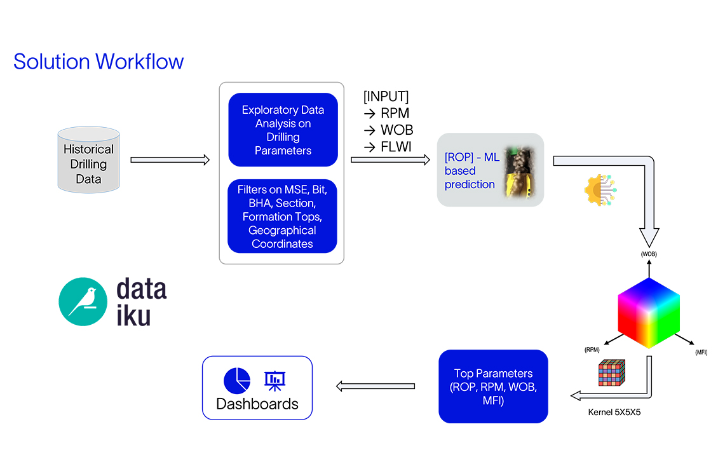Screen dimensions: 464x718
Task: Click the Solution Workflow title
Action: click(x=98, y=62)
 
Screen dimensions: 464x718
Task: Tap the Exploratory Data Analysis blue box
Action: click(x=283, y=130)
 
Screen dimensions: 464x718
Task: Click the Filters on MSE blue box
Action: click(x=283, y=216)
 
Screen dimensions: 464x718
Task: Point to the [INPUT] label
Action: click(x=386, y=97)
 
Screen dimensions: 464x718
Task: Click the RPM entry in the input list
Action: click(x=389, y=113)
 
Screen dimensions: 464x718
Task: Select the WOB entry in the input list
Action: click(x=389, y=130)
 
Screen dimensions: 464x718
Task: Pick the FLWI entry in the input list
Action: click(x=389, y=146)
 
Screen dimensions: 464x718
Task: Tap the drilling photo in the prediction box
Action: click(x=518, y=170)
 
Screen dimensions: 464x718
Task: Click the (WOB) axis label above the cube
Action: click(x=648, y=254)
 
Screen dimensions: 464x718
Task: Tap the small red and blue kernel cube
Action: click(x=611, y=374)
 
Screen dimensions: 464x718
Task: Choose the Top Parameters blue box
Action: click(x=493, y=386)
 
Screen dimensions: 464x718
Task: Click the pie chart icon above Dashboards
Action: click(x=237, y=380)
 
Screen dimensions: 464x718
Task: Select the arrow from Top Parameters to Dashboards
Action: click(x=375, y=386)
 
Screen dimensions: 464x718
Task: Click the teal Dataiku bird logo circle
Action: click(x=83, y=301)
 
